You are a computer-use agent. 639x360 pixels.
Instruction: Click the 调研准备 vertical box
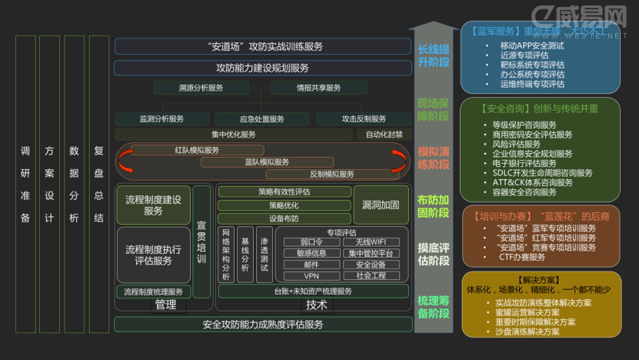tap(25, 184)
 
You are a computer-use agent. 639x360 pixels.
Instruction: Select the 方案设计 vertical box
tap(49, 184)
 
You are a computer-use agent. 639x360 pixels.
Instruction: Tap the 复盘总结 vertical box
tap(98, 184)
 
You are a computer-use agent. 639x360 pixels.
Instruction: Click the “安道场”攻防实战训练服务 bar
tap(264, 47)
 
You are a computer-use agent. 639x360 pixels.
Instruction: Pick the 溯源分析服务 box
tap(201, 88)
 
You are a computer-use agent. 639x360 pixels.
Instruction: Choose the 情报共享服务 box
tap(318, 88)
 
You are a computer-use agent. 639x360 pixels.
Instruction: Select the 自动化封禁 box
tap(384, 135)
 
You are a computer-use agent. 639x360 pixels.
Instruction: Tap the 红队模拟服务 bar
tap(197, 150)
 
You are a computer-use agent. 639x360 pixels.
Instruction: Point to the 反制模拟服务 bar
tap(332, 174)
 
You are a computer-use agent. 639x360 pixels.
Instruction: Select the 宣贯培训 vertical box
tap(201, 242)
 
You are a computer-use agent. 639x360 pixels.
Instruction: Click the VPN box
tap(311, 275)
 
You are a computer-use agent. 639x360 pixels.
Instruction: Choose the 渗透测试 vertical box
tap(264, 253)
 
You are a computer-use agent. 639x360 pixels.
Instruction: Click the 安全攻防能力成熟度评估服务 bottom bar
tap(263, 325)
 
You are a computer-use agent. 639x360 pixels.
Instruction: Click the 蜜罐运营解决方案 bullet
tap(528, 312)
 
